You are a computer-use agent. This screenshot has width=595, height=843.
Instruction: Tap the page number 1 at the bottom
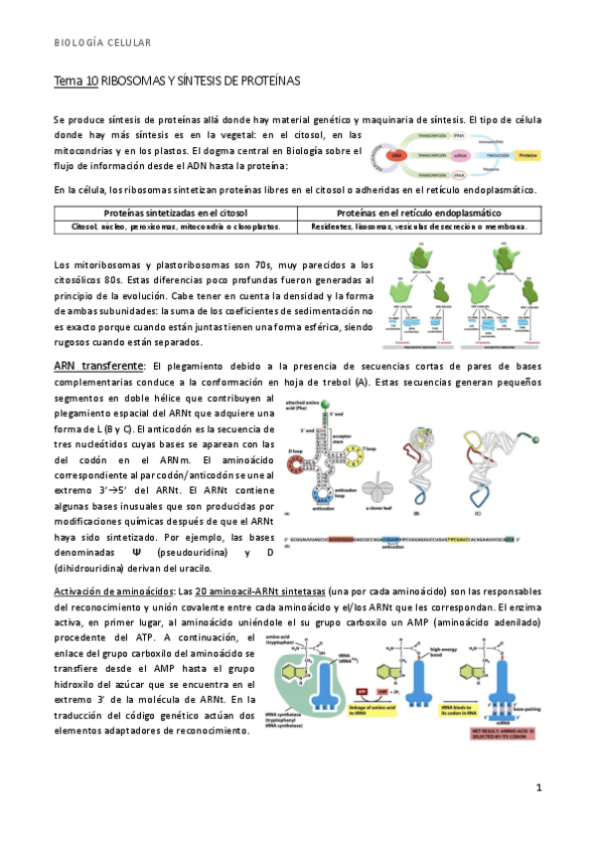click(537, 788)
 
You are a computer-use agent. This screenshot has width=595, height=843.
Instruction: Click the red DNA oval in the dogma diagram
click(394, 156)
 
